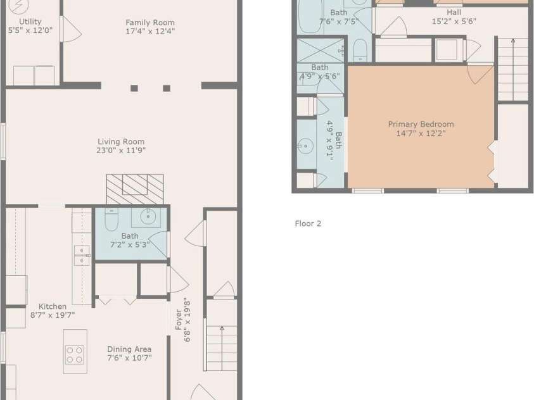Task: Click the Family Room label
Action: point(150,22)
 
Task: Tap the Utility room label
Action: point(30,22)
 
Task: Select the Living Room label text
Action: point(121,142)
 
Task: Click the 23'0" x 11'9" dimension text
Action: point(121,151)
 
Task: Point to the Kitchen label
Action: point(53,306)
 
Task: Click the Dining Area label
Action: point(129,349)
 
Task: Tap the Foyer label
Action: point(179,320)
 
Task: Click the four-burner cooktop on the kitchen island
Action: point(75,355)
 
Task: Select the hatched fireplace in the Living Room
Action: point(135,189)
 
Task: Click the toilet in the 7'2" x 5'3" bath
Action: point(111,220)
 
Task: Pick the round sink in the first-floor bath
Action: point(148,216)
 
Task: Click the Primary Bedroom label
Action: point(421,124)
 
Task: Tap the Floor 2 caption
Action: point(308,223)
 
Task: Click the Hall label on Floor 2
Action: point(454,13)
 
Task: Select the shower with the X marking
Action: point(321,51)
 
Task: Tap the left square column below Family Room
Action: point(134,89)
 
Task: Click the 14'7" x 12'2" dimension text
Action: point(421,134)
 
